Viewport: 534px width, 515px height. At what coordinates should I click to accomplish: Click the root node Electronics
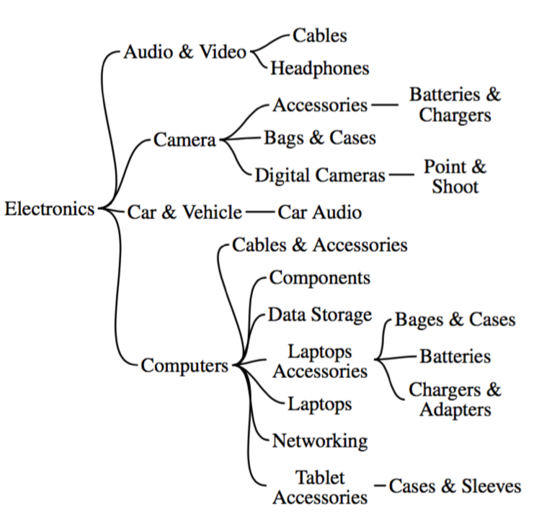tap(49, 209)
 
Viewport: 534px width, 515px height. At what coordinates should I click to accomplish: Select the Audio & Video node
tap(184, 53)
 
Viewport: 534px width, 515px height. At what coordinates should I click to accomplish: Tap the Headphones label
tap(319, 69)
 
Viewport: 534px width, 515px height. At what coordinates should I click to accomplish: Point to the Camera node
tap(184, 141)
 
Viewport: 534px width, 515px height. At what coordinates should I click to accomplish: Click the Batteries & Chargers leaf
tap(454, 105)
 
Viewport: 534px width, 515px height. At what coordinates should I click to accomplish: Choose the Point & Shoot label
tap(454, 177)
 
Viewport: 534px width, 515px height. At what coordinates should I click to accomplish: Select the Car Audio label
tap(319, 212)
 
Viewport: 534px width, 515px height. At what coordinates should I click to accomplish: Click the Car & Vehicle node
tap(185, 212)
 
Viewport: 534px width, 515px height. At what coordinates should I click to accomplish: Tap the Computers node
tap(184, 365)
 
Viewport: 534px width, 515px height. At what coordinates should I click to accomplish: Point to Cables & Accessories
tap(320, 245)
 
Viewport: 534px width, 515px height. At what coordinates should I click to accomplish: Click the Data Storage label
tap(320, 314)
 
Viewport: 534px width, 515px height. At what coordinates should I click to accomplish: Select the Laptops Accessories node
tap(320, 362)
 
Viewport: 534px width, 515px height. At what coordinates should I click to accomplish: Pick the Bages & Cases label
tap(455, 319)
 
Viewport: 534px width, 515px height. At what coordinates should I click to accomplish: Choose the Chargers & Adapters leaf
tap(454, 400)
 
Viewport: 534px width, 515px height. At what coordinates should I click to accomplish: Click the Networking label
tap(320, 439)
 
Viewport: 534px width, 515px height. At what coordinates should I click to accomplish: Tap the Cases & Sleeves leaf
tap(455, 486)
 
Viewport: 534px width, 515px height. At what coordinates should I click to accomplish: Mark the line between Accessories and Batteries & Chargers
tap(384, 105)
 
